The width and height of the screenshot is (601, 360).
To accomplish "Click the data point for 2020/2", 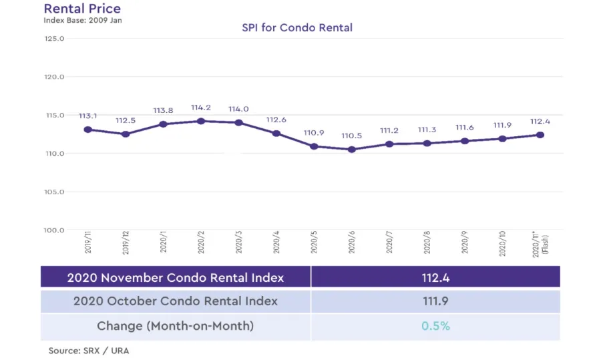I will point(201,121).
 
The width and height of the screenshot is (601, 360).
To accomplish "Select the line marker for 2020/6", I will point(352,150).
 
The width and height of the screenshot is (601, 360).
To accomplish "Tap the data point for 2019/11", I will point(87,130).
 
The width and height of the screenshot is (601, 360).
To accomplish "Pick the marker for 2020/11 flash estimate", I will point(540,135).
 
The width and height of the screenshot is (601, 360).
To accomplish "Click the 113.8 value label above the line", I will point(163,111).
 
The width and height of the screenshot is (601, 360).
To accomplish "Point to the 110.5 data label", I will point(352,136).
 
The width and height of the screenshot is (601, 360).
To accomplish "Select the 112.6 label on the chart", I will point(276,120).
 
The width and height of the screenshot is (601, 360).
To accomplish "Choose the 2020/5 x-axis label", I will point(315,245).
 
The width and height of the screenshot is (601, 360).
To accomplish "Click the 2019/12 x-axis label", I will point(126,245).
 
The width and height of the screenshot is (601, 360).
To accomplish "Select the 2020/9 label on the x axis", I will point(465,245).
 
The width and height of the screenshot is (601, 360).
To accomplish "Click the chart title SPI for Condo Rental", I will point(297,27).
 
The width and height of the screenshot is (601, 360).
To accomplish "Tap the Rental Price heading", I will point(82,9).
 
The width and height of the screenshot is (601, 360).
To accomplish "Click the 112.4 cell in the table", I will point(435,277).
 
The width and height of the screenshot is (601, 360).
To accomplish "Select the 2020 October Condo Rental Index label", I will point(176,301).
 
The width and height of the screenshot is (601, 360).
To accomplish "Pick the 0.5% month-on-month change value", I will point(435,326).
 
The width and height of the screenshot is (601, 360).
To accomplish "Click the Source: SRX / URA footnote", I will point(88,351).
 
